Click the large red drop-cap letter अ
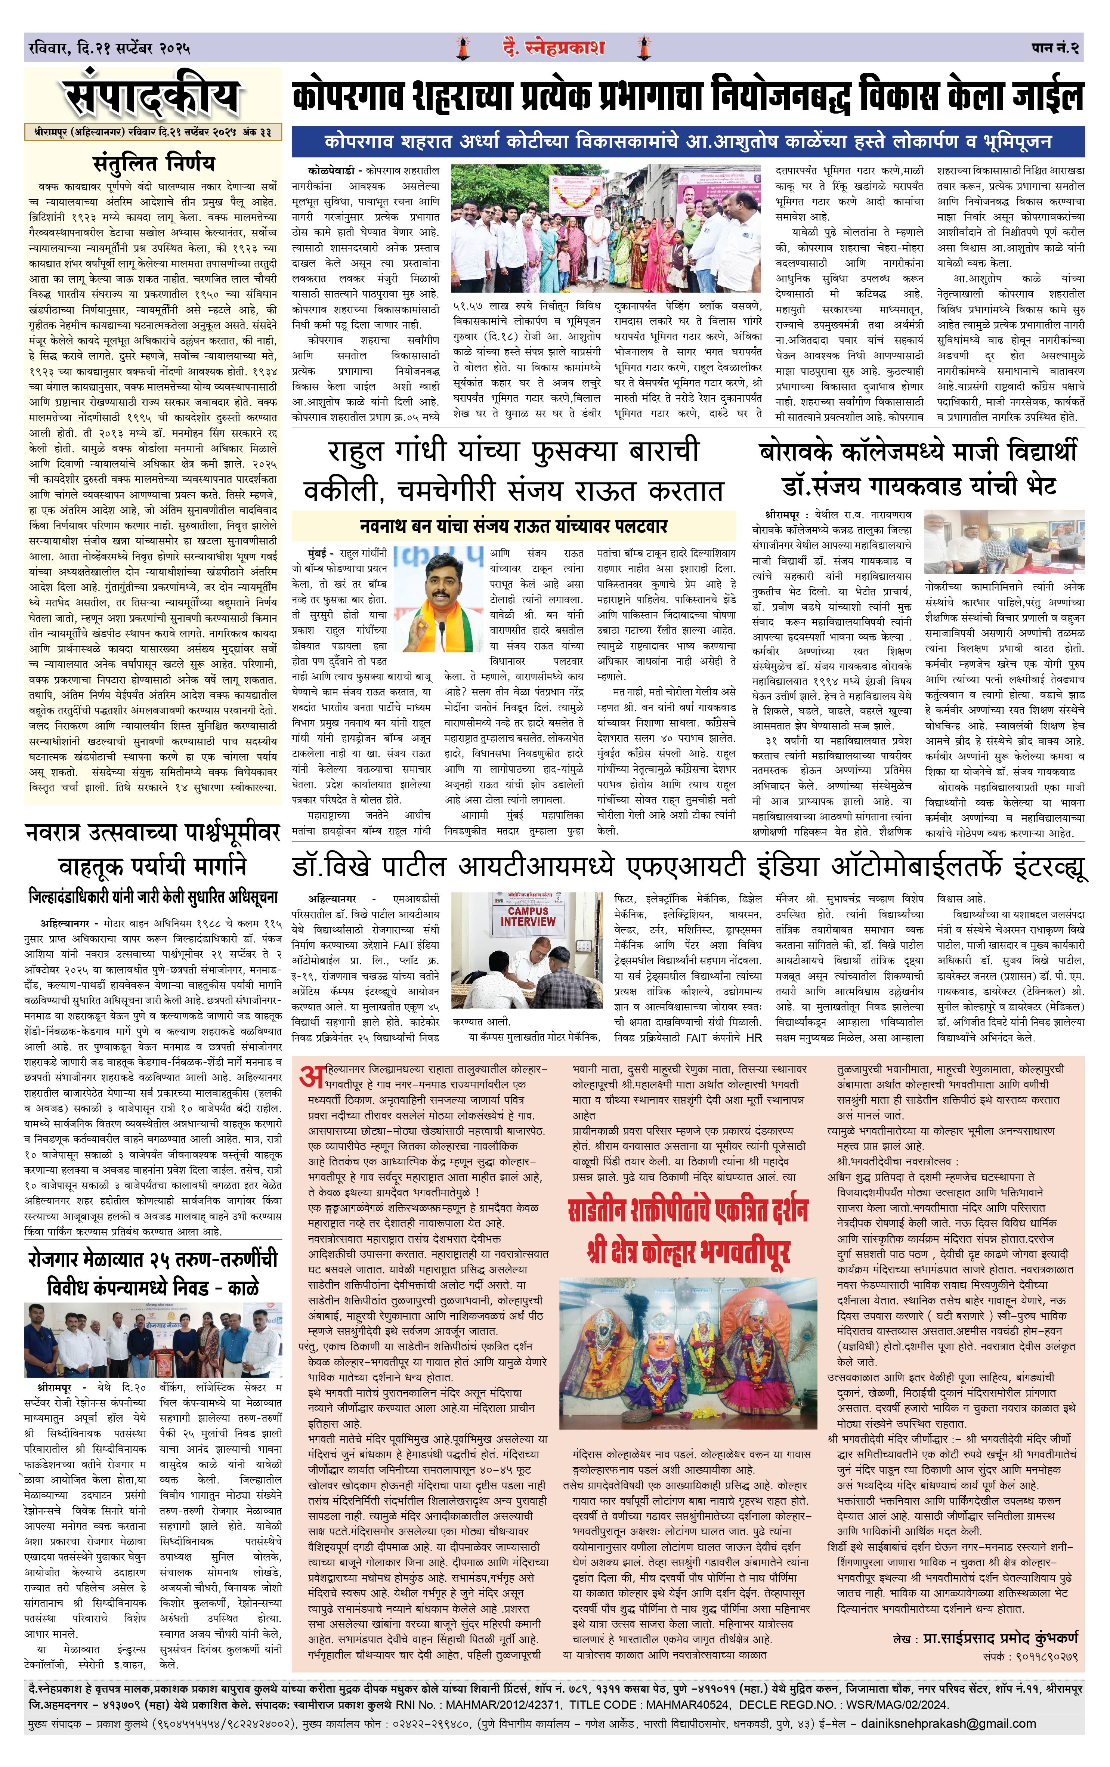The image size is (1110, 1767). (311, 1076)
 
